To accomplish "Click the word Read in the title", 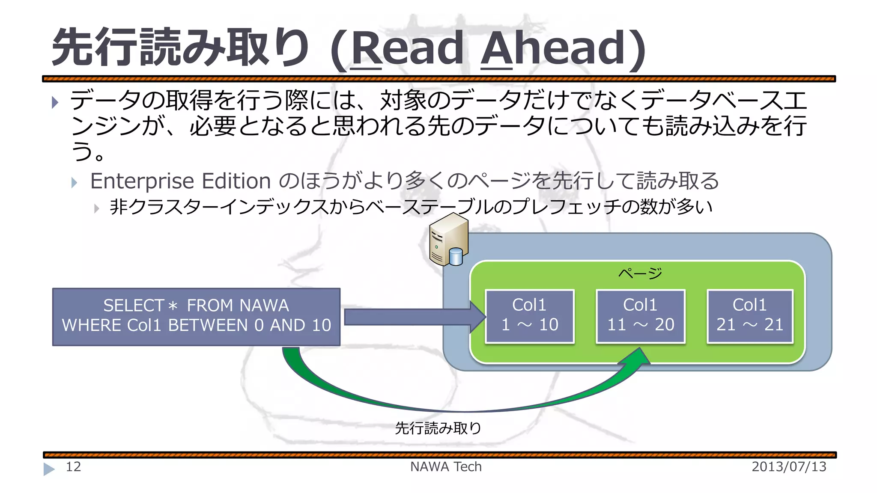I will (x=407, y=48).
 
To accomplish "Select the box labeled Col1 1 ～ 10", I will (x=530, y=316).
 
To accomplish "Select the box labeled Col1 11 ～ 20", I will (x=641, y=316).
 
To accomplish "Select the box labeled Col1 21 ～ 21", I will (x=750, y=316).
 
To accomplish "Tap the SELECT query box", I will (x=196, y=316).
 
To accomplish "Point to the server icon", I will (x=448, y=240).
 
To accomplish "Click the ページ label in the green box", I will (x=640, y=273).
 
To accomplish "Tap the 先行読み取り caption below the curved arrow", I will (x=438, y=428).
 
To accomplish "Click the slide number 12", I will (x=73, y=466).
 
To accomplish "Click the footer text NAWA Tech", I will (x=446, y=466).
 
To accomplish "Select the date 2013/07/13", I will (x=789, y=466).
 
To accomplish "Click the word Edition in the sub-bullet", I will (x=236, y=181).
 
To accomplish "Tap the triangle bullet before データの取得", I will (x=55, y=102).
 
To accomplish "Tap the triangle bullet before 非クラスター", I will (x=97, y=208).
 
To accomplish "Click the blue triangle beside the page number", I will (x=49, y=469).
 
